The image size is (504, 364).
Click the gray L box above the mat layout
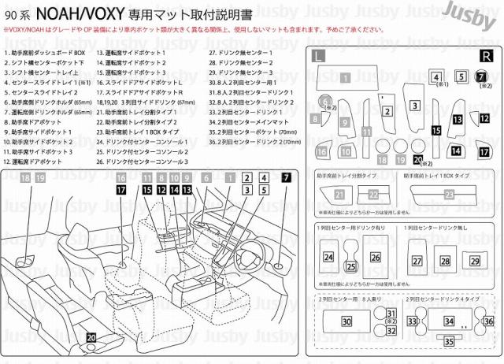(x=317, y=55)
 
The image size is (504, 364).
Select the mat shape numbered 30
(x=346, y=321)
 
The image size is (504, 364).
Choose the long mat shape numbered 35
(x=449, y=341)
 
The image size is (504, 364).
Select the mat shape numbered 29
(x=474, y=261)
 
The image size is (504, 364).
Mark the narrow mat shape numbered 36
(x=488, y=321)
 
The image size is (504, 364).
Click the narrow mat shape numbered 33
(x=412, y=321)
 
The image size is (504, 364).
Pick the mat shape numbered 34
(x=449, y=321)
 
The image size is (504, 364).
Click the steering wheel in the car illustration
(x=251, y=254)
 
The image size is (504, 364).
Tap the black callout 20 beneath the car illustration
(x=91, y=337)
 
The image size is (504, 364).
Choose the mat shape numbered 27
(x=417, y=261)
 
